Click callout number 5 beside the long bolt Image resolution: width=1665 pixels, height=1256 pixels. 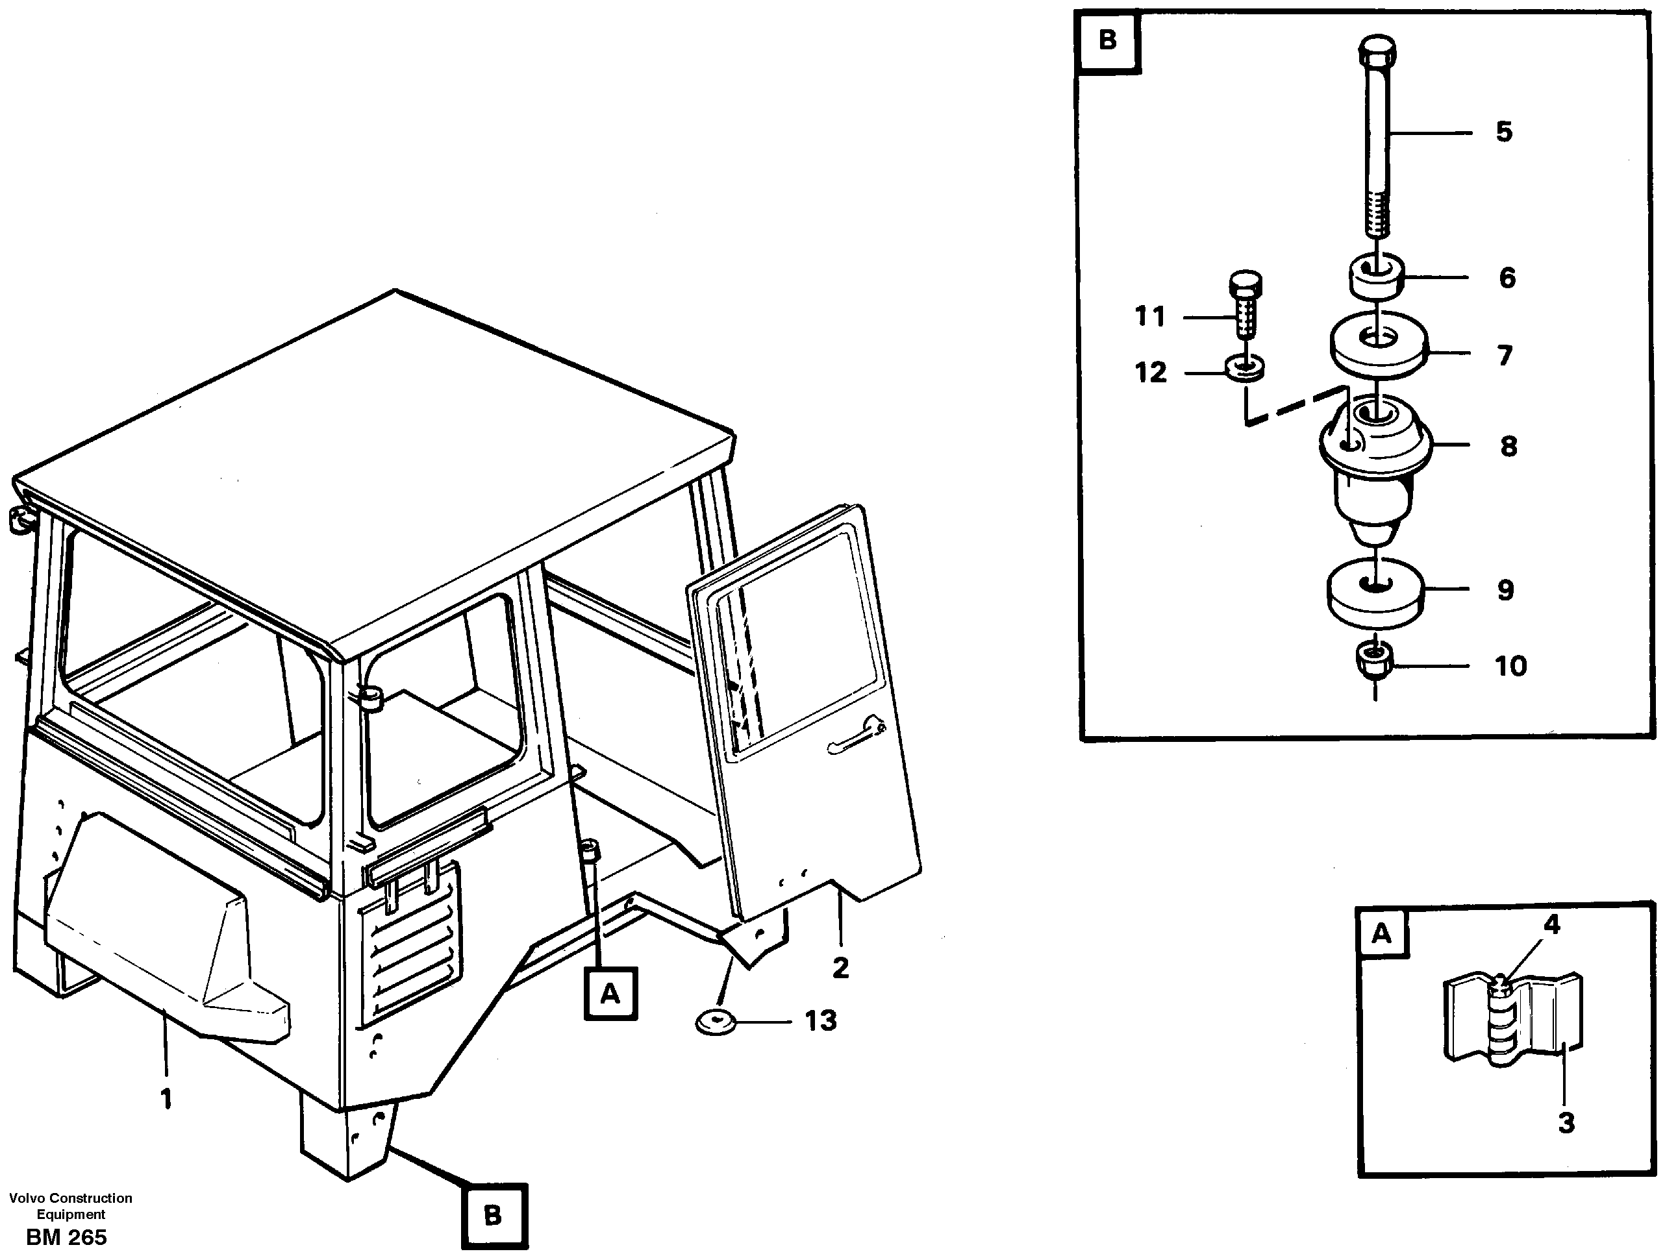(1503, 132)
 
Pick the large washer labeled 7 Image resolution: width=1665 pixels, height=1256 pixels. (1377, 344)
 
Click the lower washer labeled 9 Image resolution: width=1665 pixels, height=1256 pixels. (1375, 593)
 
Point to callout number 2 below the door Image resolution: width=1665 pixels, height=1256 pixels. (841, 967)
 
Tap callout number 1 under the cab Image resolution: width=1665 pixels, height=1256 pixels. (166, 1100)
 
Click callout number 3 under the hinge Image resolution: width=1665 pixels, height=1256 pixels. (1566, 1124)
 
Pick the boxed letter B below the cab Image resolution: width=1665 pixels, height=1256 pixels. (493, 1215)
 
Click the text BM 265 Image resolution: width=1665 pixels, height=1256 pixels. (66, 1238)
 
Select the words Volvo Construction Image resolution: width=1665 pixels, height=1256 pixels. (70, 1198)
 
